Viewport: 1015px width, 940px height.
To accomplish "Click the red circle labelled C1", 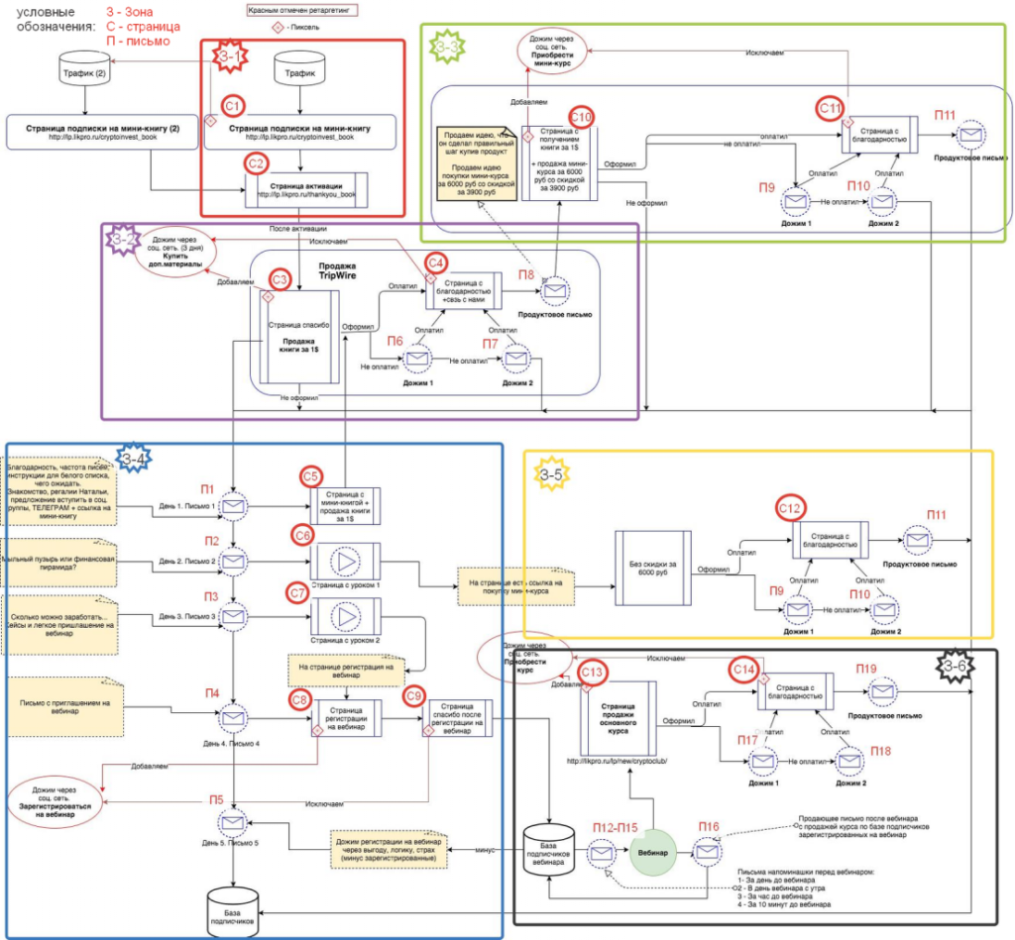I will pyautogui.click(x=232, y=103).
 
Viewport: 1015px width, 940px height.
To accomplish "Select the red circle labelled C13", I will pyautogui.click(x=592, y=674).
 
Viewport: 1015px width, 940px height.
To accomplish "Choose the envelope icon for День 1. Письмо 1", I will pyautogui.click(x=234, y=505).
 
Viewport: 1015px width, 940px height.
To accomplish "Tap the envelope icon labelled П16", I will pyautogui.click(x=708, y=851).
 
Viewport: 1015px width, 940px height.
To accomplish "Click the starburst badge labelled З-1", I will pyautogui.click(x=229, y=57).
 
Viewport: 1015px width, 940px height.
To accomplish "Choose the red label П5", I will pyautogui.click(x=216, y=800).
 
